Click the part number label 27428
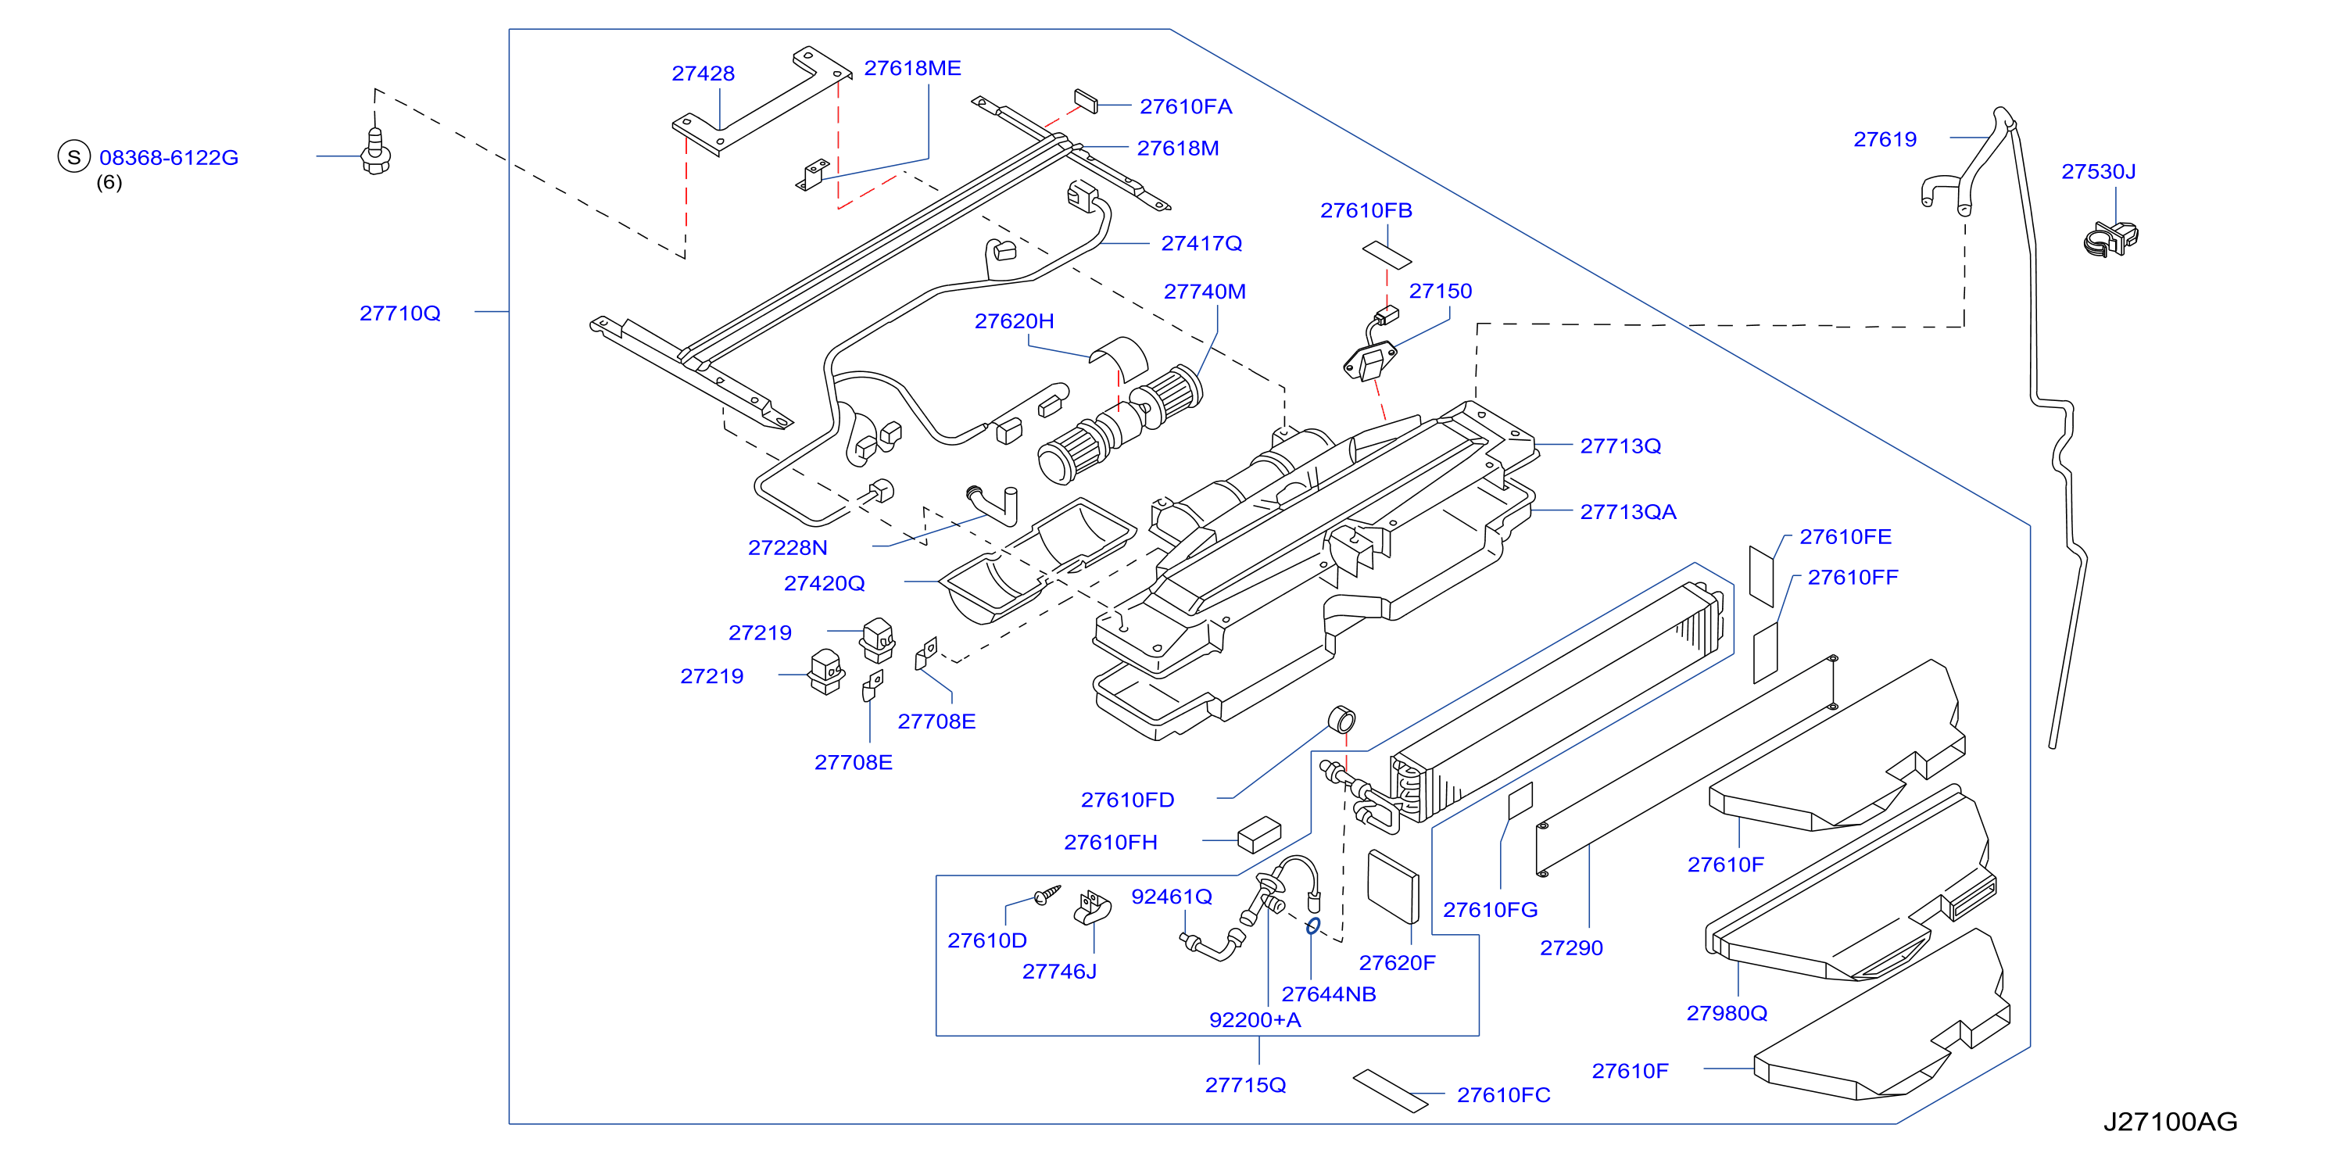703,73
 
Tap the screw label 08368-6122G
169,157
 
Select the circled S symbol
74,156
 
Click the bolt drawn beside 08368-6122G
376,152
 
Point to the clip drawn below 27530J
2111,238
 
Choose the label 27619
1885,139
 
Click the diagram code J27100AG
2170,1121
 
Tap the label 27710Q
400,313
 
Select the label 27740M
1205,291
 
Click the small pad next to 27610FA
1086,101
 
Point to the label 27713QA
1628,511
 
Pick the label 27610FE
1845,537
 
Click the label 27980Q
1726,1013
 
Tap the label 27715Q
1245,1084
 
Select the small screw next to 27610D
1047,894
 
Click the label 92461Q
1172,897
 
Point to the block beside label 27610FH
1259,835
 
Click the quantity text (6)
109,182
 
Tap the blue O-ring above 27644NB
1313,926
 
